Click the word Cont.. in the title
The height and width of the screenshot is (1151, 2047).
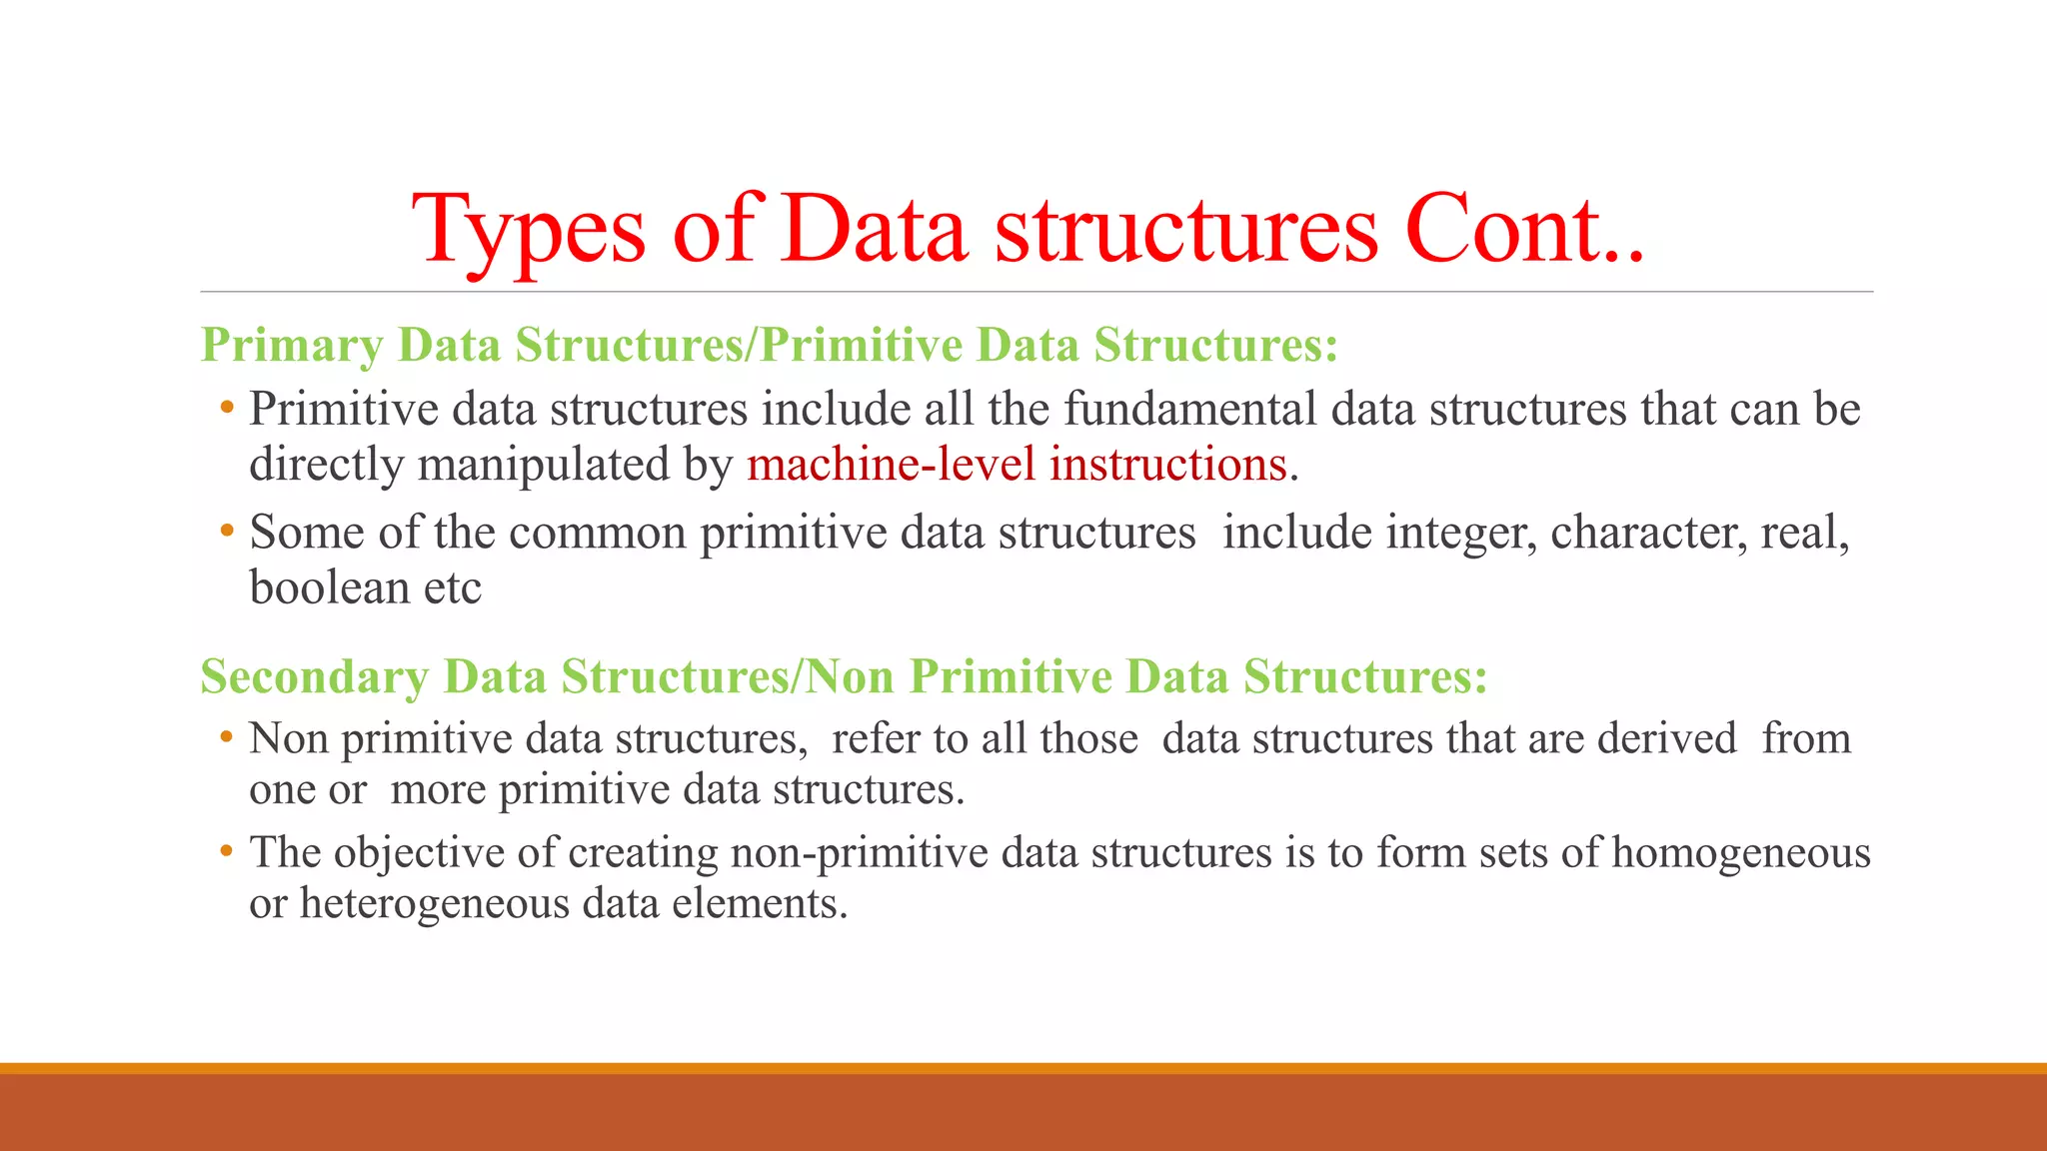(x=1523, y=230)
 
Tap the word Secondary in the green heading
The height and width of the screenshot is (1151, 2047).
(x=314, y=677)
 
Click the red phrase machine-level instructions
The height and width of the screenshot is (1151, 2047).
(x=1017, y=465)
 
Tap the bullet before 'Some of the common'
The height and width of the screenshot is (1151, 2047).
(x=227, y=530)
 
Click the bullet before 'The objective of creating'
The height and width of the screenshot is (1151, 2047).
(x=227, y=851)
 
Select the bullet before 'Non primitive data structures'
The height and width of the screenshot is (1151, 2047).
(x=227, y=737)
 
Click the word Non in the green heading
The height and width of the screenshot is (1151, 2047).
(x=850, y=677)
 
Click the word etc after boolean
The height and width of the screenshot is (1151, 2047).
(x=452, y=587)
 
